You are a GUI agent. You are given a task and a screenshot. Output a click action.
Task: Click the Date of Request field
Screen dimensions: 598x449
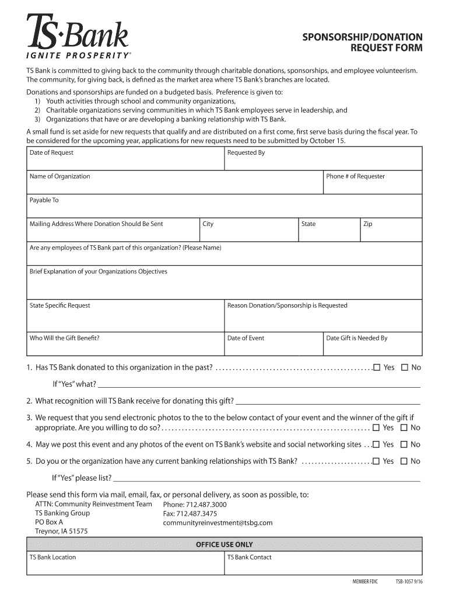125,159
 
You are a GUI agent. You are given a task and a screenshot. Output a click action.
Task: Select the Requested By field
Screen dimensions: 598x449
323,159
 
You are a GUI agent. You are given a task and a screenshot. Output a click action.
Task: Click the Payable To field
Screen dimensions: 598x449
224,206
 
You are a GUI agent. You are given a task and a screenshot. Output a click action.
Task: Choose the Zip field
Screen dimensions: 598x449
391,230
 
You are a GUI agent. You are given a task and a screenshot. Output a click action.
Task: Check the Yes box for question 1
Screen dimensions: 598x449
377,367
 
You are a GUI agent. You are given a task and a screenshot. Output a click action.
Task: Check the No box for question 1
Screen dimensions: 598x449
404,367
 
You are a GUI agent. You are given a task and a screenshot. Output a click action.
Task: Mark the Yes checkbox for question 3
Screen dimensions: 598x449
377,427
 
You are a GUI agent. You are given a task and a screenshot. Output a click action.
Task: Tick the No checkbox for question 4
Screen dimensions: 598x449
404,444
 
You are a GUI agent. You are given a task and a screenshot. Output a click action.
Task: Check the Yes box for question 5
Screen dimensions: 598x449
377,461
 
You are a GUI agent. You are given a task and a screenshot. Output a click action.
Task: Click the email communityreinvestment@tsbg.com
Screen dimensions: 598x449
218,523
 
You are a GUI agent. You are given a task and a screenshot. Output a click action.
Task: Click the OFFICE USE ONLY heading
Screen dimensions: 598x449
224,544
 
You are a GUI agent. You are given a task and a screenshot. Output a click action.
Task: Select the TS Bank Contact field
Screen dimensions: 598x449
323,563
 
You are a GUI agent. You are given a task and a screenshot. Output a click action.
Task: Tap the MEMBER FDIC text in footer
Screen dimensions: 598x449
365,582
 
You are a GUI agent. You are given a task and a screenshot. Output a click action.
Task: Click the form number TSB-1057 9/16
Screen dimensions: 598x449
409,582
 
